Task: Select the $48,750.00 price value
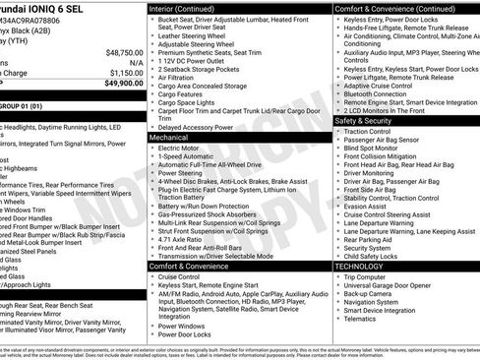tap(124, 51)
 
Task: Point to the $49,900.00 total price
tap(123, 84)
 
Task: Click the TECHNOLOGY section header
tap(360, 266)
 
